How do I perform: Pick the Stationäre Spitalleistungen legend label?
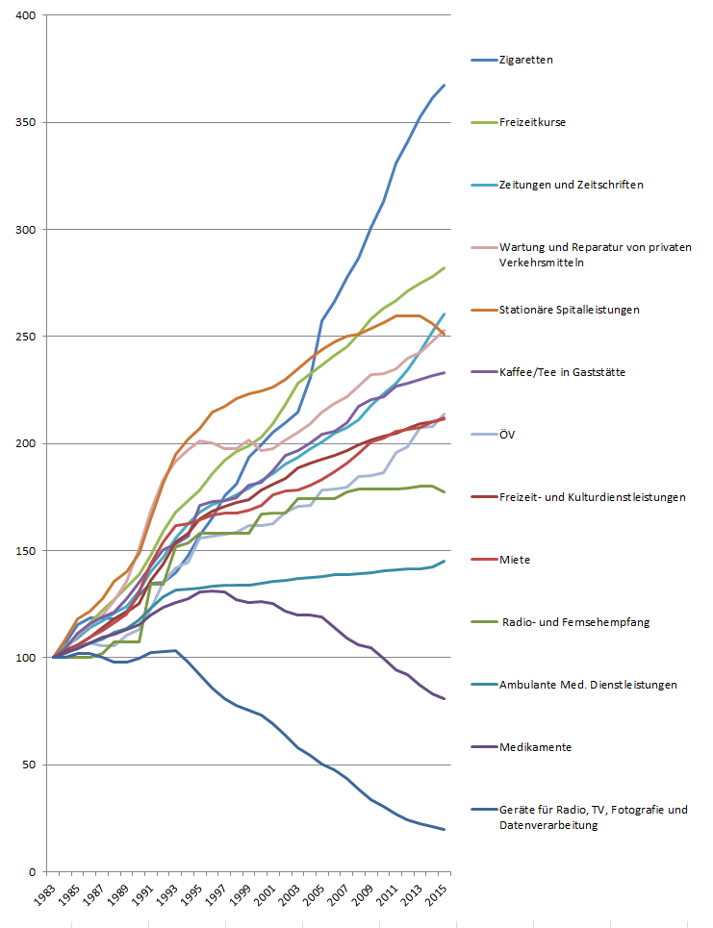click(569, 310)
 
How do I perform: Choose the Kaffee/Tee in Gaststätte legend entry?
click(562, 372)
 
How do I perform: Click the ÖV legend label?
click(508, 435)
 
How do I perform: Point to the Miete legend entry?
click(515, 560)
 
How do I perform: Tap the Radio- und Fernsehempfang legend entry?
click(575, 622)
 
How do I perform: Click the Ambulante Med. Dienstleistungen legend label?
click(588, 685)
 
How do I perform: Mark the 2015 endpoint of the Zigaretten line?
click(444, 86)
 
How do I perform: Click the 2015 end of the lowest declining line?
click(444, 829)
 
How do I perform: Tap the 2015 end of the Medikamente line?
click(444, 699)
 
